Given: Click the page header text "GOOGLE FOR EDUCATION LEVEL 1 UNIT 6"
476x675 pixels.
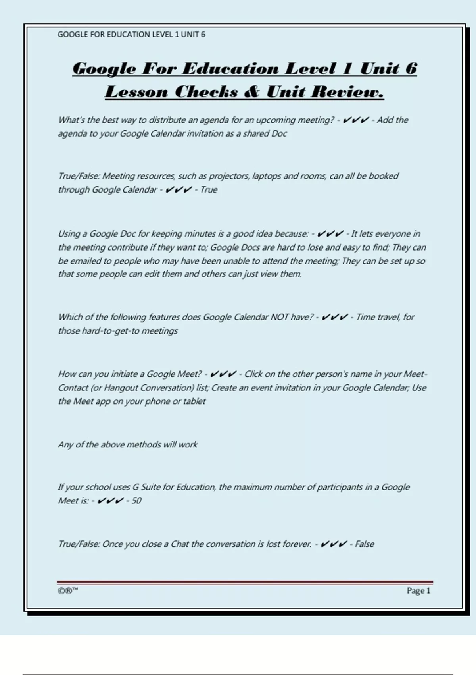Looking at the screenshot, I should click(131, 35).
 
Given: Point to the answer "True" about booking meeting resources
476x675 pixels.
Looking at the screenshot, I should click(209, 189).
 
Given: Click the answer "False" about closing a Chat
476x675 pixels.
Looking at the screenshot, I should click(364, 544).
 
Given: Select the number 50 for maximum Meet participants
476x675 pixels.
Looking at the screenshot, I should click(136, 501).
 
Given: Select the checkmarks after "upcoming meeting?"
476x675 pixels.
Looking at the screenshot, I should click(356, 120).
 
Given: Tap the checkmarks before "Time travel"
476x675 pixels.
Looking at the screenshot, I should click(334, 317).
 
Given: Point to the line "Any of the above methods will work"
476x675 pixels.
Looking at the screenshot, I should click(128, 444).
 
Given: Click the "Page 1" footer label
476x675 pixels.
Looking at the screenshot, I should click(418, 591).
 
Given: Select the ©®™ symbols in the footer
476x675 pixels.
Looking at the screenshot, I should click(68, 591).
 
